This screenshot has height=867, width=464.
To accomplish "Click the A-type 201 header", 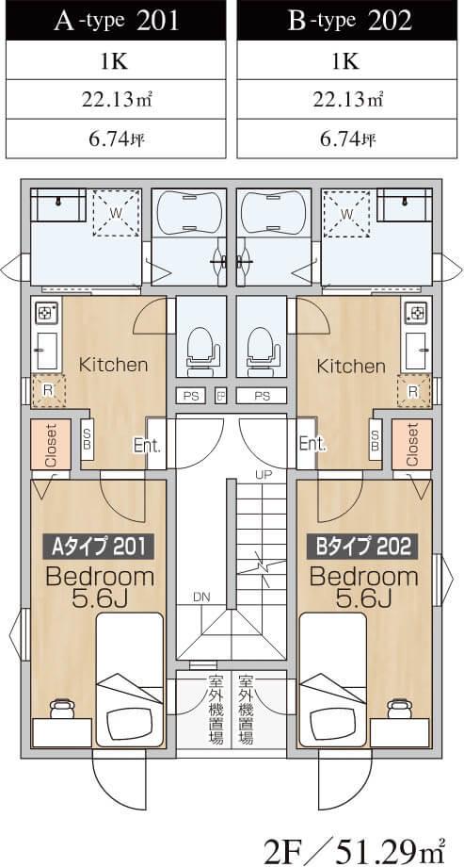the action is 116,21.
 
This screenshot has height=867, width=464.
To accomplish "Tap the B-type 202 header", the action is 350,21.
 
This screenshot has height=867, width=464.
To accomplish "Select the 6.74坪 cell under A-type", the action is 116,139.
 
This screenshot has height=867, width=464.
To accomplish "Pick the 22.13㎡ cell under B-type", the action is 350,100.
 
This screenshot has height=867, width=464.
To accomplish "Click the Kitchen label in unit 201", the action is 114,365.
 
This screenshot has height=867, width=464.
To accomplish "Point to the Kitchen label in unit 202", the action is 351,366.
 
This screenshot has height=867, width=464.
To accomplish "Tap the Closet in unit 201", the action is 51,445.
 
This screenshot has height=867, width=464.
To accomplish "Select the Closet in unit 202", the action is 412,445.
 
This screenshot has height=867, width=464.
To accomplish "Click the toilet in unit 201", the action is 200,348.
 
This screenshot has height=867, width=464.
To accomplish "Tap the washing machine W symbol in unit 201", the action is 115,212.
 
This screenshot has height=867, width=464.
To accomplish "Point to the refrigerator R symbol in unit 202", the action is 413,391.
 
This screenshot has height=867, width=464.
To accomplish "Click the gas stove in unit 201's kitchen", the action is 43,314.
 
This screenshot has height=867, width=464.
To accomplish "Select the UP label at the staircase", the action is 264,474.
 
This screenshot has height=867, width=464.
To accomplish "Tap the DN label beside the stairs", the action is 201,597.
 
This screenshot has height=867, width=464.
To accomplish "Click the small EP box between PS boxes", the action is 220,396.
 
